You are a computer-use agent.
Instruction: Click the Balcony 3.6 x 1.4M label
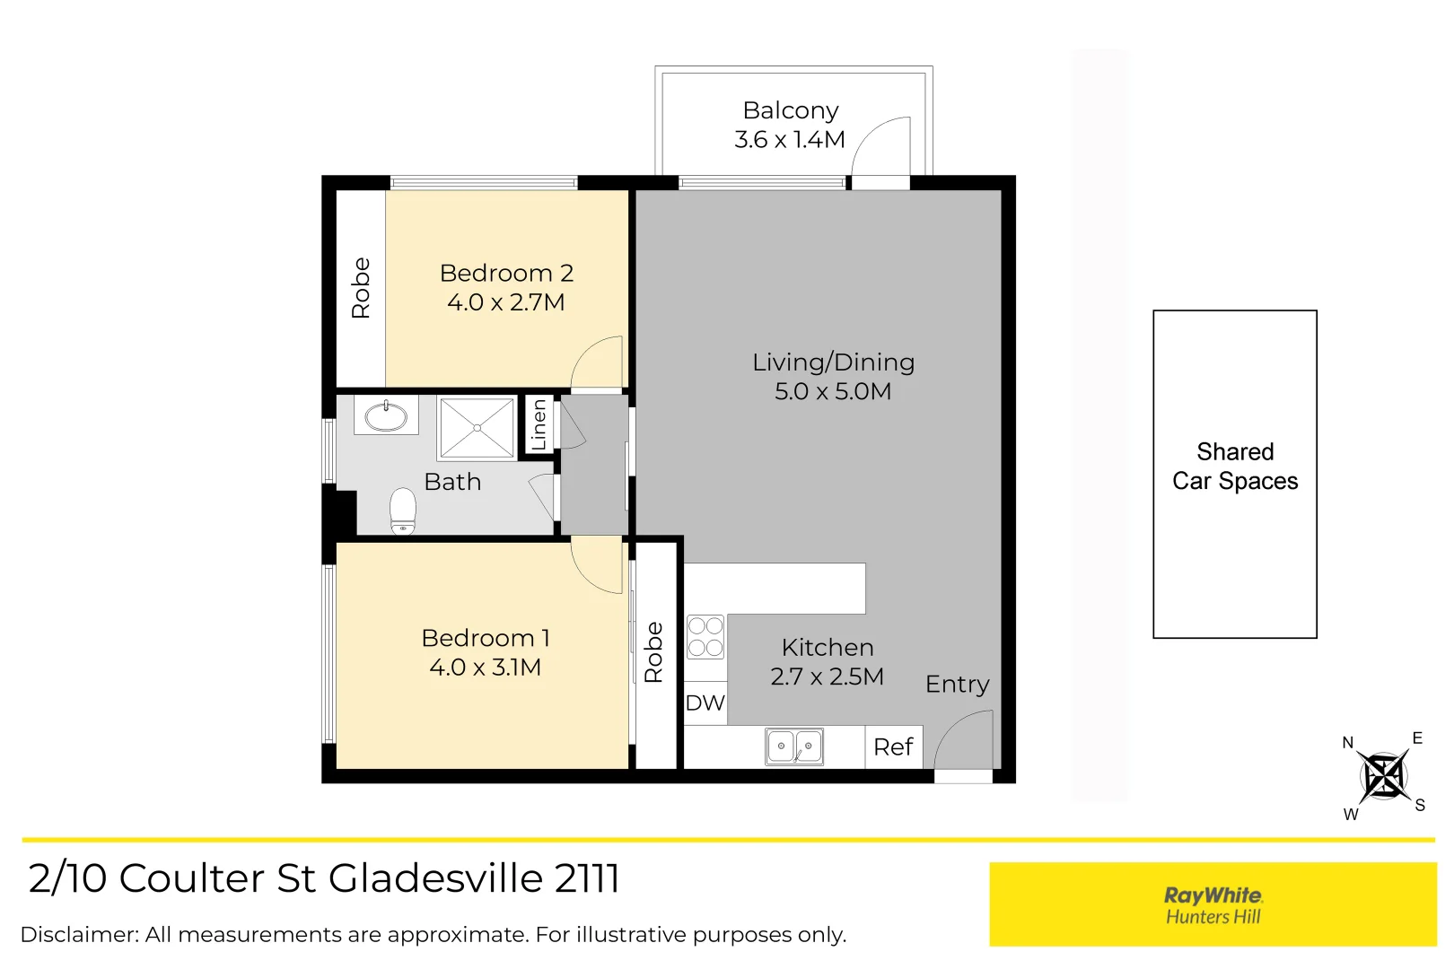click(790, 125)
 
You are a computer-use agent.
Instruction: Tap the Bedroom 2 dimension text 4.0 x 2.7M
click(505, 302)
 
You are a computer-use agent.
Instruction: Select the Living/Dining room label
click(833, 362)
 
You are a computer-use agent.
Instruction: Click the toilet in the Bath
click(403, 511)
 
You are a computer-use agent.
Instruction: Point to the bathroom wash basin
click(386, 416)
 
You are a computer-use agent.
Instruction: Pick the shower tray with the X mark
click(477, 429)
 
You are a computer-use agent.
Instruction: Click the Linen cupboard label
click(539, 425)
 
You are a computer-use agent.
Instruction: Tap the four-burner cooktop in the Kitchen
click(705, 636)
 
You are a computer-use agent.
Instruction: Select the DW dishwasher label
click(705, 703)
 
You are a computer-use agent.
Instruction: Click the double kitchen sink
click(794, 746)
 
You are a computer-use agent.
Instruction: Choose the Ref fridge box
click(894, 746)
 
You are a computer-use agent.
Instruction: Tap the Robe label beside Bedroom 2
click(361, 288)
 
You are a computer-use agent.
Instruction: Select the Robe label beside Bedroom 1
click(654, 652)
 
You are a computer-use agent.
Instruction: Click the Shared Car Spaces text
click(1235, 467)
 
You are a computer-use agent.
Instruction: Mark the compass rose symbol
click(1383, 776)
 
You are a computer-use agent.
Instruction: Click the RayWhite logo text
click(1213, 895)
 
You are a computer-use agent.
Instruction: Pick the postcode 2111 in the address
click(587, 878)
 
